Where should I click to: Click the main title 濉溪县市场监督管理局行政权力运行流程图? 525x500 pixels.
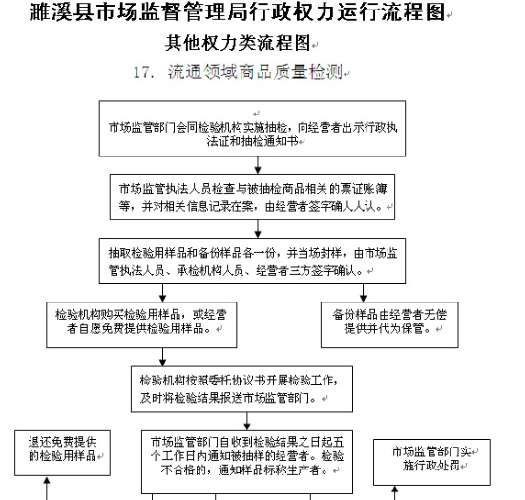[237, 11]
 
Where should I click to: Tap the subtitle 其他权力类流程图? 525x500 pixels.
[238, 43]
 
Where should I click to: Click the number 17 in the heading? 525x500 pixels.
[140, 73]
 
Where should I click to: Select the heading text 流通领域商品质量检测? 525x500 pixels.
[255, 72]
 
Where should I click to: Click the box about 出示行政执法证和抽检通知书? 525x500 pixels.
[252, 129]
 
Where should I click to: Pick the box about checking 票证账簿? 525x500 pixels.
[252, 197]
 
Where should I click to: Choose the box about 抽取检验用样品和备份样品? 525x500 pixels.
[252, 261]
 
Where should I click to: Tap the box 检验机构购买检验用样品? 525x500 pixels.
[141, 325]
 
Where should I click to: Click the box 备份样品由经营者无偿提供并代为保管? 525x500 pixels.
[389, 325]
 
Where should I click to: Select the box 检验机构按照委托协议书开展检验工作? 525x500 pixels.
[241, 389]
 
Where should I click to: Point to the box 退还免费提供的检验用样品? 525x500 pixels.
[63, 453]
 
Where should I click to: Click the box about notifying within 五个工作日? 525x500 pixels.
[247, 462]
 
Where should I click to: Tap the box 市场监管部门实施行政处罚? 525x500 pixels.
[431, 462]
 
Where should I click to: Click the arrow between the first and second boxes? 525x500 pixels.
[258, 165]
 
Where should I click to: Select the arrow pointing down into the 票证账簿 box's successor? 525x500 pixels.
[258, 229]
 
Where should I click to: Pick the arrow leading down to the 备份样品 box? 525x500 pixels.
[364, 293]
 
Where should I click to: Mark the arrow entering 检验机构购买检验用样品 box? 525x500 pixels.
[162, 293]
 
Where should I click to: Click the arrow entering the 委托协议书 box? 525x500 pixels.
[162, 357]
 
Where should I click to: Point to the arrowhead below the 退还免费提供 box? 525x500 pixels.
[47, 480]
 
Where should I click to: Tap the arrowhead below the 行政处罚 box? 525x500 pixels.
[395, 490]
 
